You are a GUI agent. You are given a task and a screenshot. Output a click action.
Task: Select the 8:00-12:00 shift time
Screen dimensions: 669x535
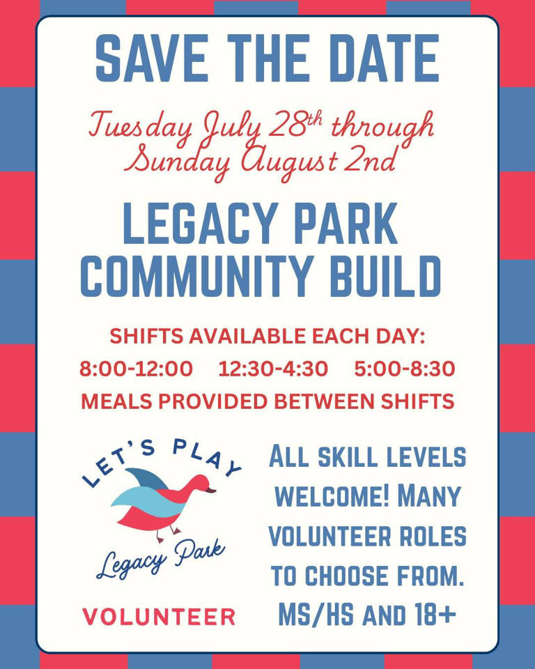(x=137, y=369)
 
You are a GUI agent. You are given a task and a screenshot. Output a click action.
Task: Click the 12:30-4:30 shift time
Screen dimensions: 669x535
(x=272, y=369)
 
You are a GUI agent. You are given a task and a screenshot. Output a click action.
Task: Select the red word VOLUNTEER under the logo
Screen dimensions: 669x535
(x=159, y=616)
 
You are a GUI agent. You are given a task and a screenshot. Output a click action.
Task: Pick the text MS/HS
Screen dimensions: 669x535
(x=312, y=615)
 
